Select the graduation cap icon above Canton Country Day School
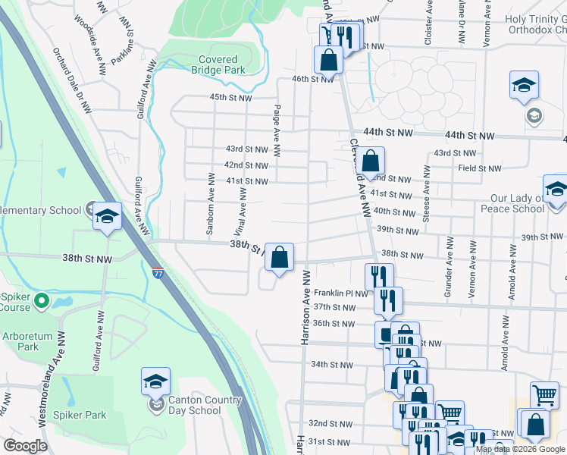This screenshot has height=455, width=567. [x=155, y=381]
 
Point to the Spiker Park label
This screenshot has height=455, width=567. [x=80, y=415]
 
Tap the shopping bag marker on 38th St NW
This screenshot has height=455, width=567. [x=280, y=258]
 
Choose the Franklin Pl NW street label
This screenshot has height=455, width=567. [x=340, y=293]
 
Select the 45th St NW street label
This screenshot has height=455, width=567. [x=230, y=97]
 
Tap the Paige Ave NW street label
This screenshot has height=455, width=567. [x=277, y=130]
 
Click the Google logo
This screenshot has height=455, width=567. [x=26, y=446]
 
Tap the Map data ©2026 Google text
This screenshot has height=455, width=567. [x=520, y=449]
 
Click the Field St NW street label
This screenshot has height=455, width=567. [x=479, y=168]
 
